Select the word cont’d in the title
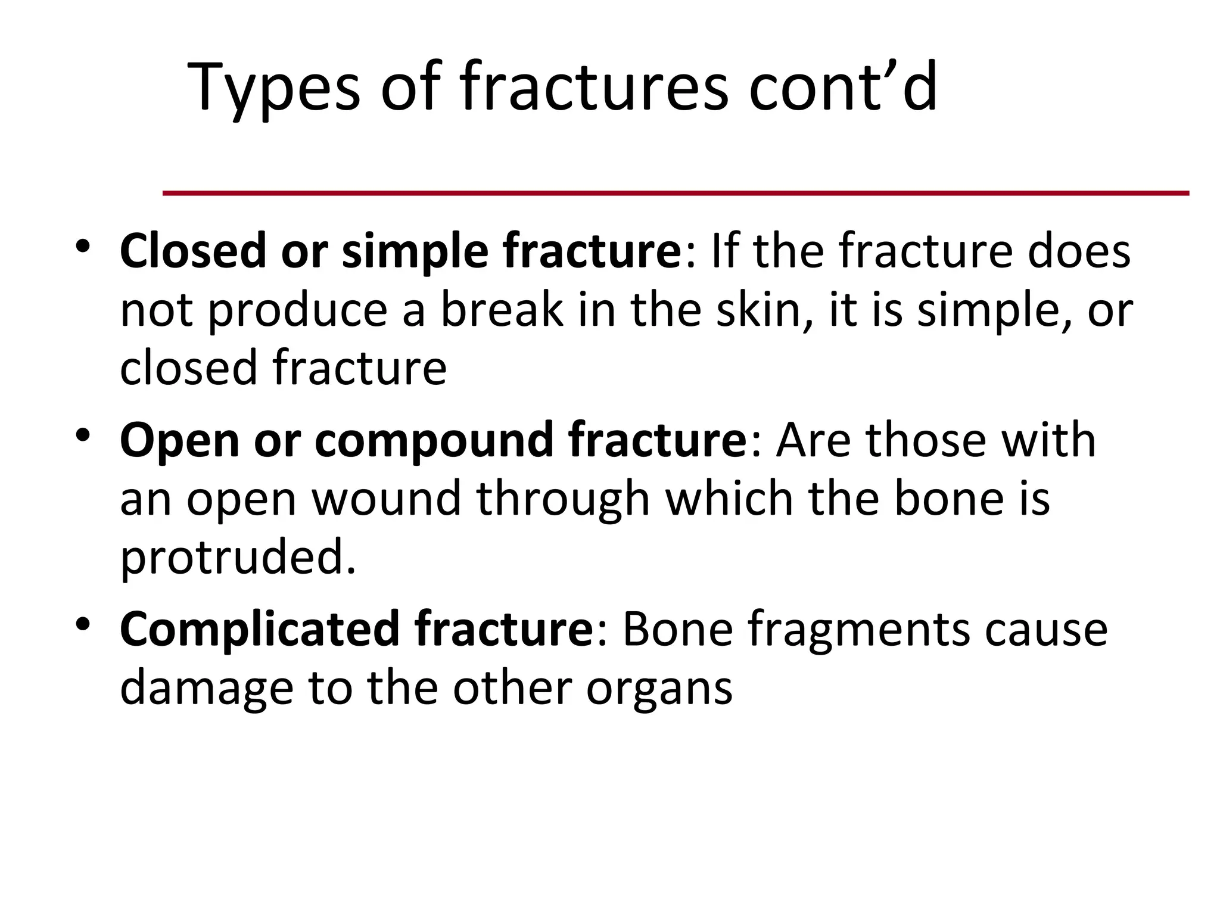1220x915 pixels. (x=842, y=88)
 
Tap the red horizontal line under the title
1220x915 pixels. (x=676, y=193)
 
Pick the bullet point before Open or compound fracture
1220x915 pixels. (x=83, y=435)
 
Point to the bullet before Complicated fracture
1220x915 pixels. (x=83, y=624)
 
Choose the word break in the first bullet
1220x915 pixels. (x=502, y=310)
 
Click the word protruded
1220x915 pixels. (x=237, y=558)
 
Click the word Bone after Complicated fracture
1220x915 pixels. (x=677, y=629)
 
